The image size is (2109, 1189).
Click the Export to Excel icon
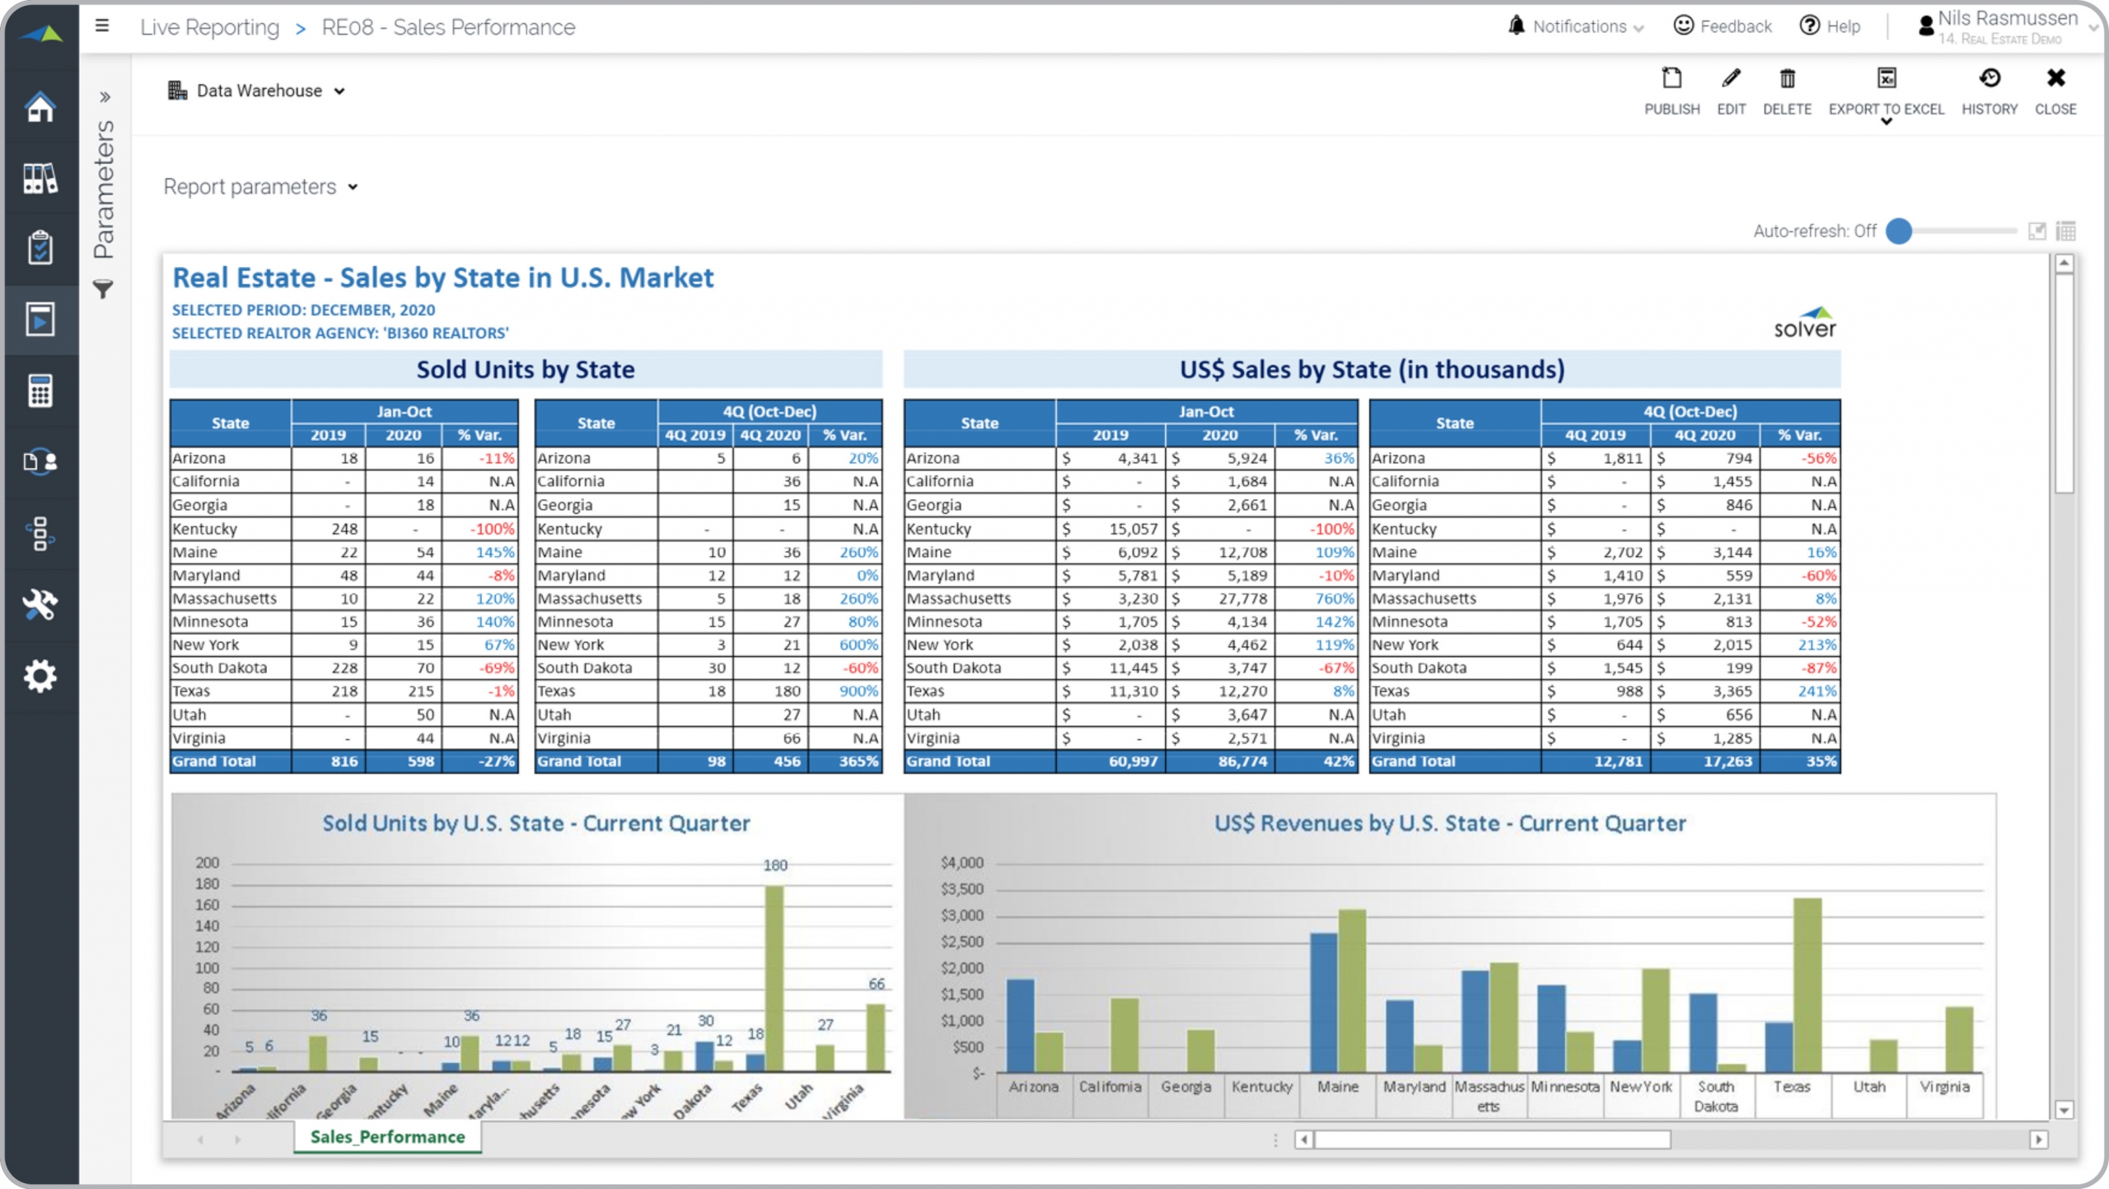(x=1886, y=79)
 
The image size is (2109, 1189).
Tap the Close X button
(x=2055, y=79)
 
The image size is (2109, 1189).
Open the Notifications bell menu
(x=1516, y=26)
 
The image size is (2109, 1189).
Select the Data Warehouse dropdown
(x=257, y=91)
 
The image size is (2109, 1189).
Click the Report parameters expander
(x=260, y=187)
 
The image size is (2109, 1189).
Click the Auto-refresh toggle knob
(x=1898, y=232)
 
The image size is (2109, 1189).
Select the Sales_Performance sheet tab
(x=387, y=1136)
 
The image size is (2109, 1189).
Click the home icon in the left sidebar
(x=40, y=107)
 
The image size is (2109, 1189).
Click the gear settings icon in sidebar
(x=40, y=676)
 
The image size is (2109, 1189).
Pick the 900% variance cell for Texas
(x=858, y=691)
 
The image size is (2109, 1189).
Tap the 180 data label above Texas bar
(x=774, y=865)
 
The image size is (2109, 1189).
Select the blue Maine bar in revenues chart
(x=1323, y=1001)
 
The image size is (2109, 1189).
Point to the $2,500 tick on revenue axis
(x=962, y=942)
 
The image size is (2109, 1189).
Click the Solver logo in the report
(x=1804, y=322)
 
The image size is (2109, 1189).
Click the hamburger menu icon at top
(x=102, y=26)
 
